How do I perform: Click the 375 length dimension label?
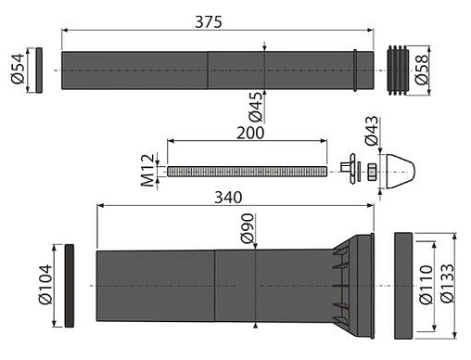(209, 22)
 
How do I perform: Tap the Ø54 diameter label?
(18, 69)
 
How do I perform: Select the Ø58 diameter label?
(422, 70)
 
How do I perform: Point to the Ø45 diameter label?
(256, 107)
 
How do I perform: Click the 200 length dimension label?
(250, 133)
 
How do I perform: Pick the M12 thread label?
(147, 171)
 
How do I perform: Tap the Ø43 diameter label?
(372, 131)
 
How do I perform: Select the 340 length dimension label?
(228, 198)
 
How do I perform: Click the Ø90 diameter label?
(248, 228)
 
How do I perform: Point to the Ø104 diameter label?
(45, 285)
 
